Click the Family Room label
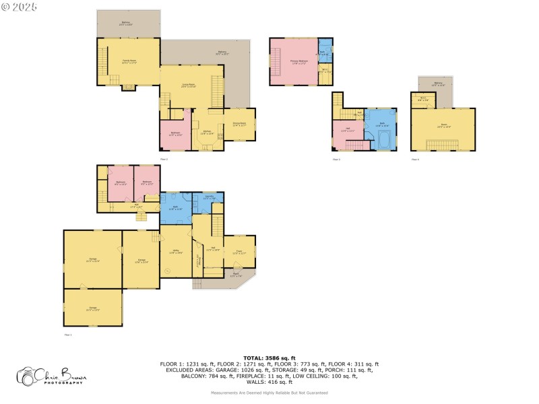[129, 61]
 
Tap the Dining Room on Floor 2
[239, 124]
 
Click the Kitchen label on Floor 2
[208, 132]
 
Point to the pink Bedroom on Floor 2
[175, 134]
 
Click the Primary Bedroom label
[293, 62]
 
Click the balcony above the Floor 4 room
[433, 83]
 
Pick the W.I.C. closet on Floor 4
[422, 100]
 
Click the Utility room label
[175, 252]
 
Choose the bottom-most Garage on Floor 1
[93, 309]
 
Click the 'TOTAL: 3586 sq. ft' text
[269, 358]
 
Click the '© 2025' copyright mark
[20, 6]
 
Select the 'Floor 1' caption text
[67, 334]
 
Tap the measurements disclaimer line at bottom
[269, 392]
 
